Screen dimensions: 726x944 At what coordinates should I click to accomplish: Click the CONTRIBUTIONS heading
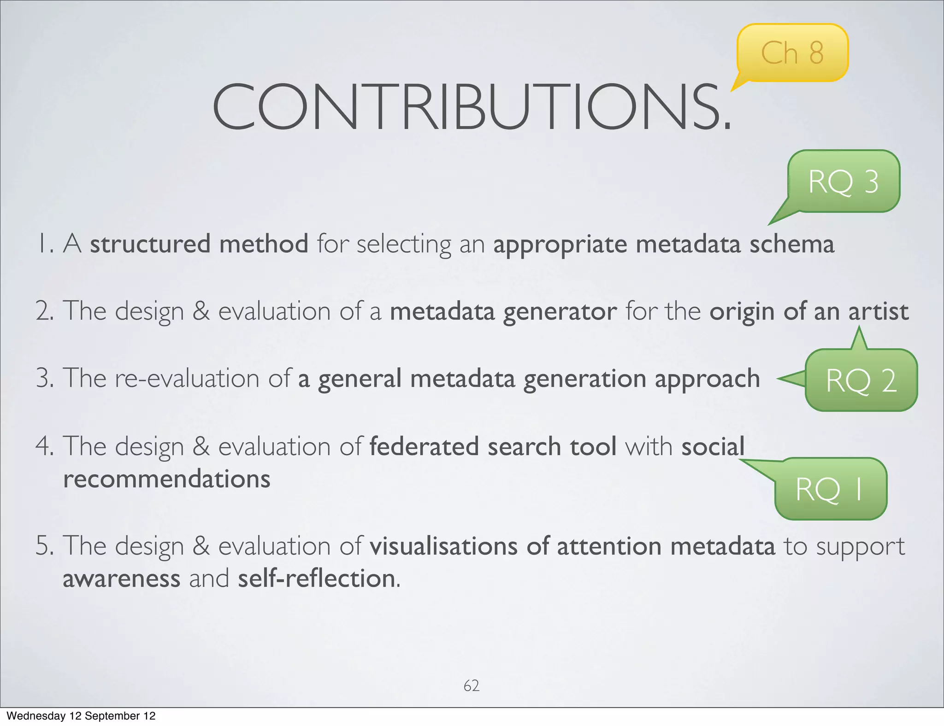471,107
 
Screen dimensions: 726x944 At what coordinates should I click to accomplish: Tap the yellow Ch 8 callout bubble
792,53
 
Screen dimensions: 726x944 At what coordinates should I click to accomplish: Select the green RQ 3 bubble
844,181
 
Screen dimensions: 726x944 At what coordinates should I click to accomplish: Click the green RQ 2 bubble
861,381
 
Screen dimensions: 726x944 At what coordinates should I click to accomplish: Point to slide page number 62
471,685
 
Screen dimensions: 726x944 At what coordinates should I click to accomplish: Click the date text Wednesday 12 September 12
81,716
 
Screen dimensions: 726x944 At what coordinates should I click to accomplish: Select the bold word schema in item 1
791,244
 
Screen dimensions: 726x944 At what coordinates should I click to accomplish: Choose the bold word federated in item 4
424,446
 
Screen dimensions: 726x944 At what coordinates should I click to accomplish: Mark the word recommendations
166,479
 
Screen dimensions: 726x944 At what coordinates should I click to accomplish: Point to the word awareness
121,579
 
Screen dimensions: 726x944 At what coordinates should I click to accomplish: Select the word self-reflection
317,579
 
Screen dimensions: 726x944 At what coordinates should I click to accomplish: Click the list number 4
44,446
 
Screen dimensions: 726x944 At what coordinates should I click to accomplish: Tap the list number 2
44,311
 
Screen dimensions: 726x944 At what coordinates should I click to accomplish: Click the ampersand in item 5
201,546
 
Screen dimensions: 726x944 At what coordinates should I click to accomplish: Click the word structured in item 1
150,244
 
